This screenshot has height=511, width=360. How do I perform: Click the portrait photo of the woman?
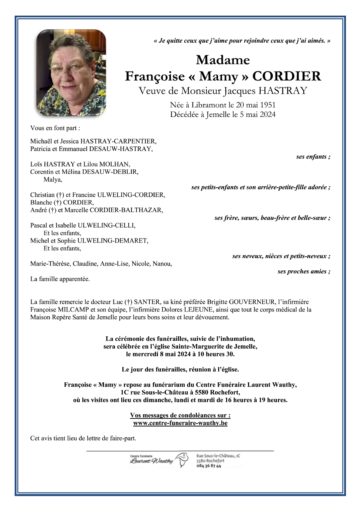tap(71, 73)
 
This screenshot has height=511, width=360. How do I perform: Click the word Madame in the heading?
tap(223, 60)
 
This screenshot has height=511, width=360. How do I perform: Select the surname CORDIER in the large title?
tap(287, 76)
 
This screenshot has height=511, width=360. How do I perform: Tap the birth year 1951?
tap(267, 105)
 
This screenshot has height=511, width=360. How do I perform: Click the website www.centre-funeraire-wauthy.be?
tap(180, 423)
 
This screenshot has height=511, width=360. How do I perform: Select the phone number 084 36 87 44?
tap(209, 466)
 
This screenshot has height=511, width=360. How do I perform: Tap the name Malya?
tap(53, 180)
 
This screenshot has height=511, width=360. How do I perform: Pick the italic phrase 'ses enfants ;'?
tap(313, 157)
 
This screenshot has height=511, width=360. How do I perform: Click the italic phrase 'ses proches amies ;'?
tap(304, 271)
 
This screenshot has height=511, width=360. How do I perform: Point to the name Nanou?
tap(162, 264)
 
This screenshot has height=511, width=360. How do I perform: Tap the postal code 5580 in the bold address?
tap(202, 393)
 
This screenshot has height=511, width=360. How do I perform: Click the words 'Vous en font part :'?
tap(55, 128)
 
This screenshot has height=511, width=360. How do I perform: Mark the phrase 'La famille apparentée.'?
tap(60, 279)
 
